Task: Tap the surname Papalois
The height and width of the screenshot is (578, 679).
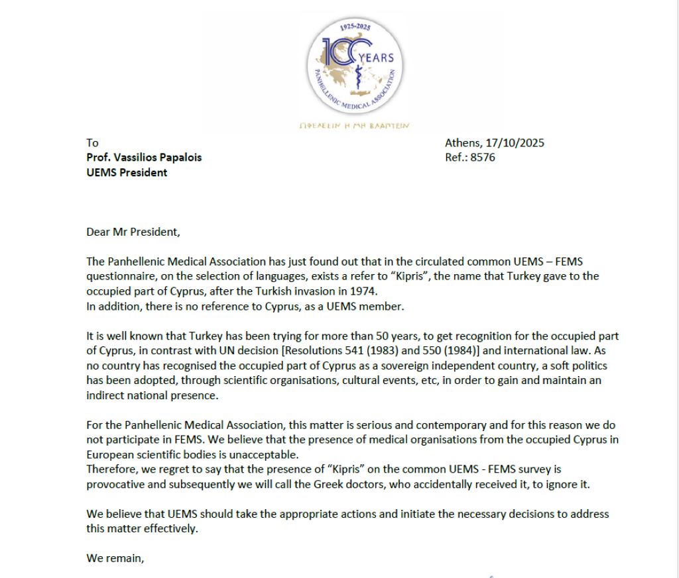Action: (177, 158)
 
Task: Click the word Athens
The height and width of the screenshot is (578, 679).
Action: (462, 142)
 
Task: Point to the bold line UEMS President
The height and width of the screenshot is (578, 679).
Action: (127, 173)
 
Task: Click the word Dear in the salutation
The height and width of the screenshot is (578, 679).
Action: (97, 232)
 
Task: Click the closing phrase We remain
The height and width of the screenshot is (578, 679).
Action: (115, 558)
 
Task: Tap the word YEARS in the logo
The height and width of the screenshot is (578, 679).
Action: (376, 57)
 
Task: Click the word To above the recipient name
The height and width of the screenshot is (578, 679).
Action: (92, 142)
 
